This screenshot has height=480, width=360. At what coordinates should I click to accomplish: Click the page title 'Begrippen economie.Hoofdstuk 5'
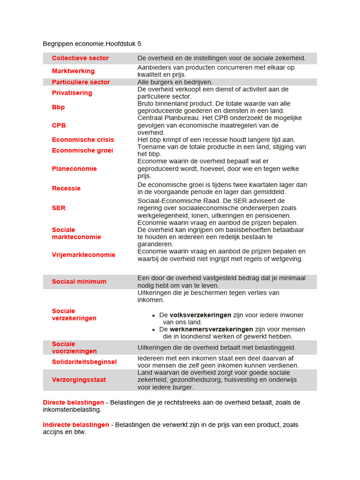click(x=92, y=44)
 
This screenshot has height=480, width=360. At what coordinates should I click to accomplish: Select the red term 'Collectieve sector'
click(x=80, y=58)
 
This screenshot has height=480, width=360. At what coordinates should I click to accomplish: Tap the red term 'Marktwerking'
click(x=73, y=71)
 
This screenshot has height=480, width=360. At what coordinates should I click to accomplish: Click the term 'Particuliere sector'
click(x=81, y=82)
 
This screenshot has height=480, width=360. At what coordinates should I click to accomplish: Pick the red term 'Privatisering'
click(x=72, y=93)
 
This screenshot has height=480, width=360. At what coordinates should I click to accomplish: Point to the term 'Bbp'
click(x=58, y=107)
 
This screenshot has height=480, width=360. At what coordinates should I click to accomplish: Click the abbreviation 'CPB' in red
click(x=59, y=125)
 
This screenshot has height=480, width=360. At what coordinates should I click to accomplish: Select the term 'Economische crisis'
click(x=83, y=140)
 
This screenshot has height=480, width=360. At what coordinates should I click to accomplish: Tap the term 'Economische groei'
click(x=82, y=150)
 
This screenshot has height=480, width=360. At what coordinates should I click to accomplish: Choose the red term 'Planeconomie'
click(x=74, y=169)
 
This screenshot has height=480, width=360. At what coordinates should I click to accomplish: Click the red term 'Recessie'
click(x=66, y=188)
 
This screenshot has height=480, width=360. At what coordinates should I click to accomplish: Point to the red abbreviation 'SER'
click(x=59, y=208)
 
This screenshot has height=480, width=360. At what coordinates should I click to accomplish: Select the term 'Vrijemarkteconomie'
click(x=83, y=255)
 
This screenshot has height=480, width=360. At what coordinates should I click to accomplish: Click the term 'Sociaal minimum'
click(x=79, y=282)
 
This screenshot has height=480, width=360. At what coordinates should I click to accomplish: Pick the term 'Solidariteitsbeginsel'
click(x=84, y=362)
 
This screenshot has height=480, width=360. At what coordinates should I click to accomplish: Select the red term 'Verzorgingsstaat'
click(x=79, y=380)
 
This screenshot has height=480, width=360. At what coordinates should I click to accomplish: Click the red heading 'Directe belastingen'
click(x=73, y=403)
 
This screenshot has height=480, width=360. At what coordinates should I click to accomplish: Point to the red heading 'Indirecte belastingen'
click(x=76, y=425)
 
